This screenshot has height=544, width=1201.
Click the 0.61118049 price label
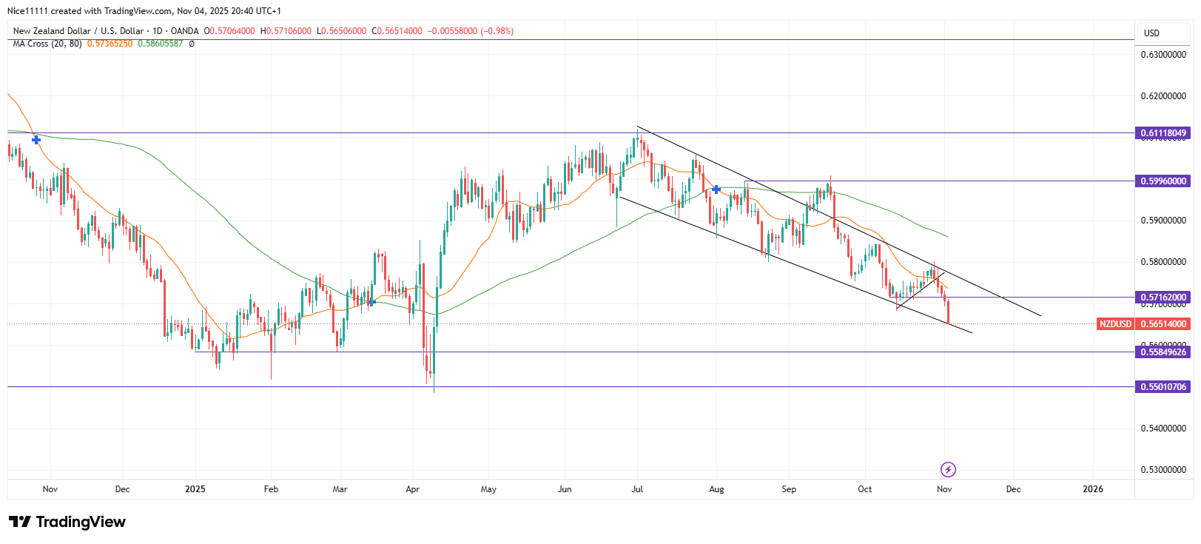pyautogui.click(x=1163, y=133)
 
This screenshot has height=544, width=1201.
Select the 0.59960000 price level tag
pyautogui.click(x=1163, y=181)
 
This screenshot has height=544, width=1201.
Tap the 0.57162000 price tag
pyautogui.click(x=1163, y=297)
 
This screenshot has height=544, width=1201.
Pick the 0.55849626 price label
pyautogui.click(x=1163, y=352)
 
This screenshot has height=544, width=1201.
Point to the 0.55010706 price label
pyautogui.click(x=1163, y=386)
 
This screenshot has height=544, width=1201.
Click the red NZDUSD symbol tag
pyautogui.click(x=1115, y=323)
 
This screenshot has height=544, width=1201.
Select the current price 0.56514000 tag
pyautogui.click(x=1163, y=323)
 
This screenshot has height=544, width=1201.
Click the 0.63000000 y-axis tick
pyautogui.click(x=1163, y=55)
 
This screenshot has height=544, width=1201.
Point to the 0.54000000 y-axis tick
pyautogui.click(x=1163, y=429)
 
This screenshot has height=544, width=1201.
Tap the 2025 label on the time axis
pyautogui.click(x=195, y=489)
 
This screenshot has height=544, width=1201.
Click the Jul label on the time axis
pyautogui.click(x=637, y=489)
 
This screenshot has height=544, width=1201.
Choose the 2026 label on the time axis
pyautogui.click(x=1093, y=489)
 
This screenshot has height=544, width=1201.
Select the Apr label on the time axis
pyautogui.click(x=413, y=489)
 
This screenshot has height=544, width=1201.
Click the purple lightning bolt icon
pyautogui.click(x=948, y=469)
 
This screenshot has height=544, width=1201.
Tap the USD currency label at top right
pyautogui.click(x=1151, y=33)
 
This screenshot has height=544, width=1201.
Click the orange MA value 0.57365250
pyautogui.click(x=110, y=44)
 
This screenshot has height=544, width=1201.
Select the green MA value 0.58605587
pyautogui.click(x=160, y=44)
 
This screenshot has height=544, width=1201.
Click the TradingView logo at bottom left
pyautogui.click(x=67, y=522)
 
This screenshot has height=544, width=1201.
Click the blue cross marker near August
pyautogui.click(x=716, y=189)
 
